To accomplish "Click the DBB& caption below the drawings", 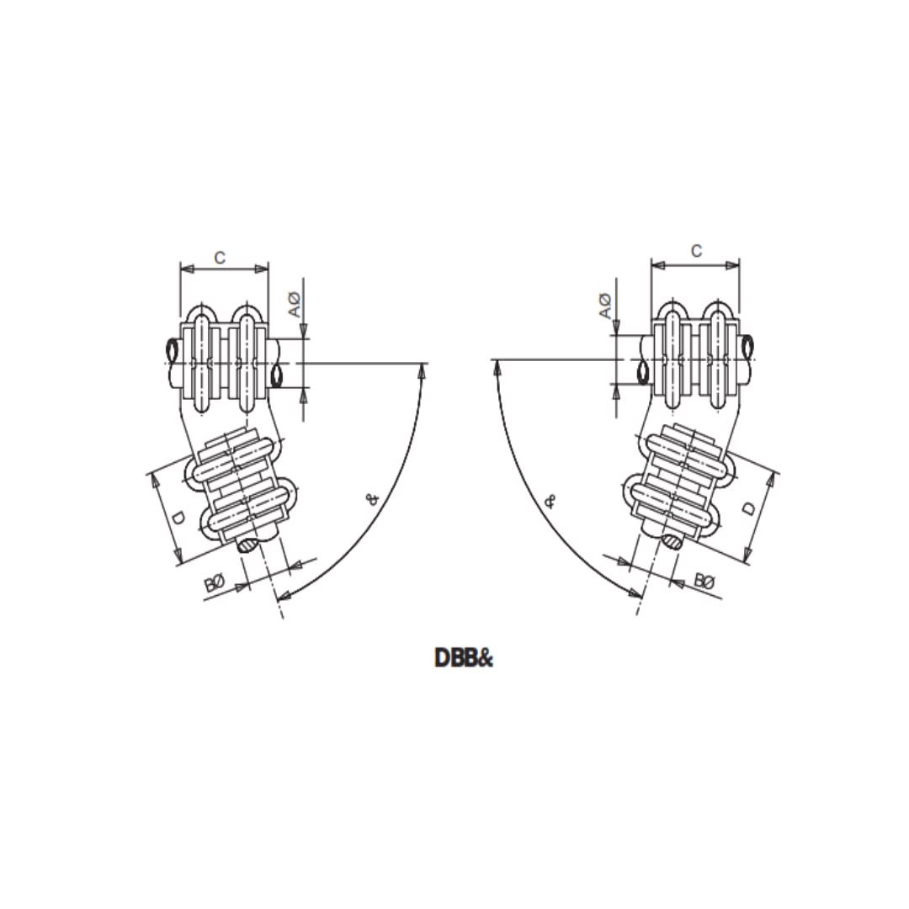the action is pos(463,658).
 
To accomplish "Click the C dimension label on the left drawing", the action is pos(220,258).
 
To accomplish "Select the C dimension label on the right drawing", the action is pos(696,251).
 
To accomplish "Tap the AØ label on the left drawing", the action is pos(295,305).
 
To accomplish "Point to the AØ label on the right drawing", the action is pos(604,306).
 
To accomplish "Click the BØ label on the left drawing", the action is pos(215,582).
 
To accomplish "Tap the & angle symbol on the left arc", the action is pos(374,498).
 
